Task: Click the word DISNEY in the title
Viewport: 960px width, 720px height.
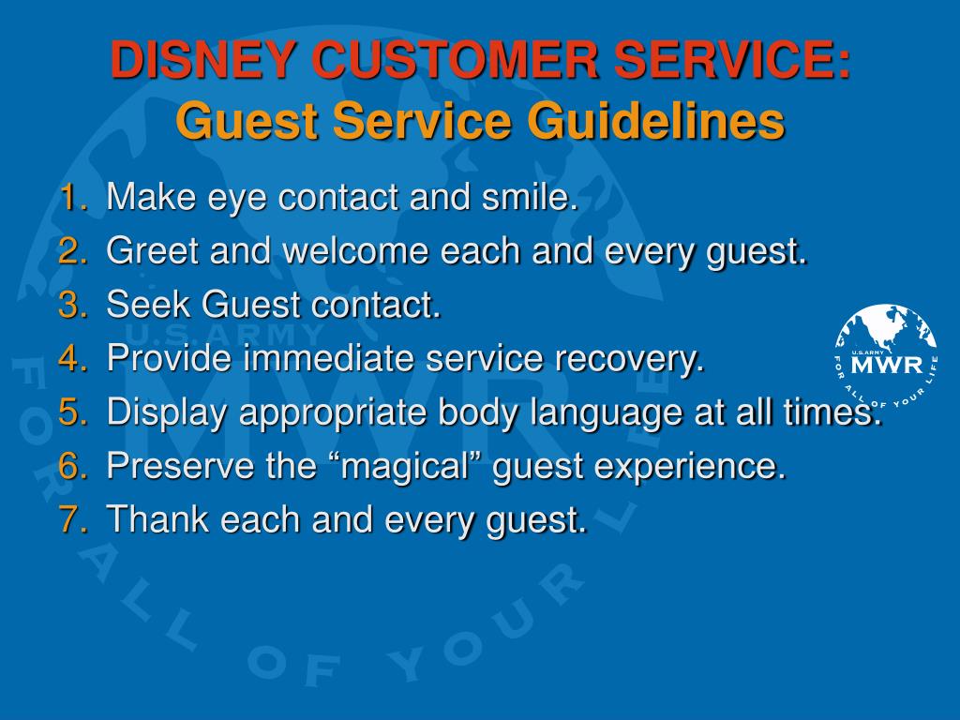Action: [x=202, y=59]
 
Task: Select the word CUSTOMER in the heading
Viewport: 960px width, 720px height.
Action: [x=455, y=59]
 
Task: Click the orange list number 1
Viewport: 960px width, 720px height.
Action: [x=73, y=197]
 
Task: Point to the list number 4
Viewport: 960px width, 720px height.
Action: [x=73, y=357]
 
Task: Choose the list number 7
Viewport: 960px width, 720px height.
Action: [x=73, y=518]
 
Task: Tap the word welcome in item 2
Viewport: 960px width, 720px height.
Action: [x=355, y=250]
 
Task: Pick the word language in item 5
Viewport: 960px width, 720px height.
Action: [x=607, y=413]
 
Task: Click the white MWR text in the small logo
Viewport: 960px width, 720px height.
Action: [x=887, y=365]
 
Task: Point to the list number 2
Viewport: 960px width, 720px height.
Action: [x=73, y=250]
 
